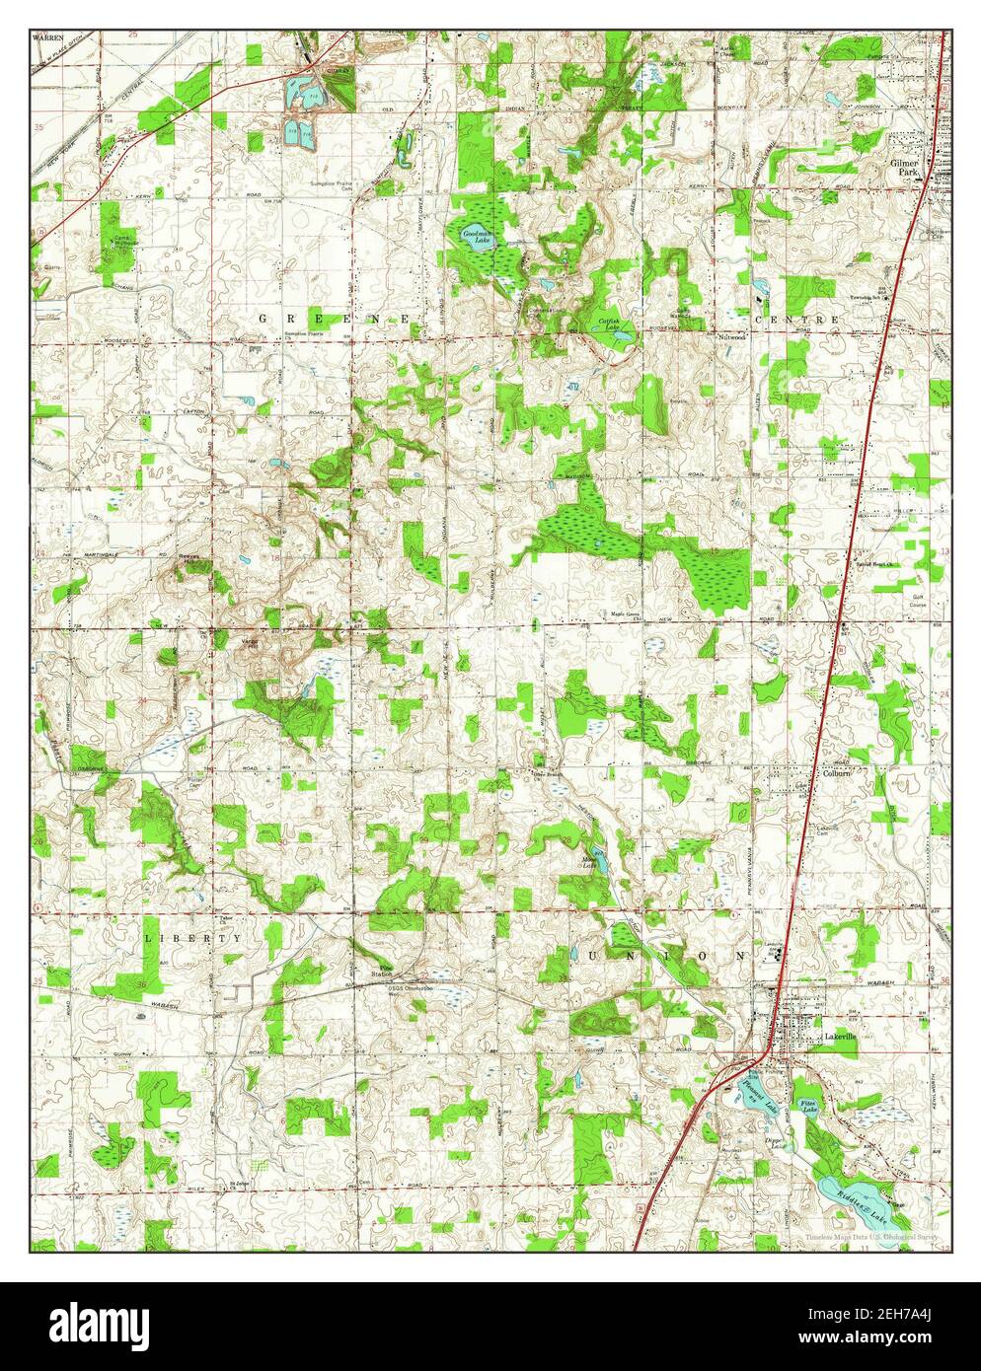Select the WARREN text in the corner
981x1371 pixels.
pos(46,36)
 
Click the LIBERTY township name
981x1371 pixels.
pos(192,937)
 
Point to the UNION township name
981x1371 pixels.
pos(668,956)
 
